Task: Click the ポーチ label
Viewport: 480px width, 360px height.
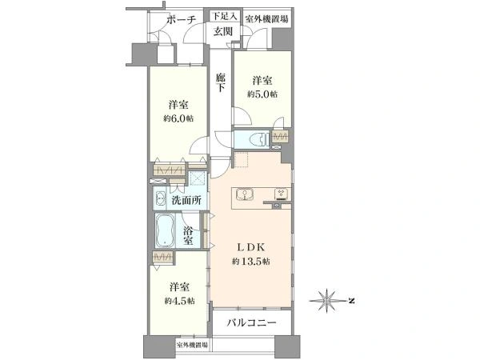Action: [182, 20]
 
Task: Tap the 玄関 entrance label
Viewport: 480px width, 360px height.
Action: [223, 31]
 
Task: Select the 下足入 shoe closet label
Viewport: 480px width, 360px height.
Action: [225, 16]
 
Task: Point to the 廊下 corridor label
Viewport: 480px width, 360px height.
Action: [221, 82]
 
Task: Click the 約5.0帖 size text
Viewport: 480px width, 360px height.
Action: [262, 94]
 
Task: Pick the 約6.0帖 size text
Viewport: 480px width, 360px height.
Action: [178, 118]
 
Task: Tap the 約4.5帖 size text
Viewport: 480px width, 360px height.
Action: [179, 301]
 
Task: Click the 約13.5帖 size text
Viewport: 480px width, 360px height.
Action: [251, 261]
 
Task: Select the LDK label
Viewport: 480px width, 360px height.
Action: [251, 247]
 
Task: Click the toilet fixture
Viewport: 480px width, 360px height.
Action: [258, 139]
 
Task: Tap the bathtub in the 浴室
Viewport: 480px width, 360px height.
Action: [165, 231]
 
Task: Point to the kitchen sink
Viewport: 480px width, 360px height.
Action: [245, 194]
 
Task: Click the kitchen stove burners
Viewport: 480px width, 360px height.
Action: [282, 194]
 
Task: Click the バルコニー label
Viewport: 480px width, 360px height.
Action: [252, 322]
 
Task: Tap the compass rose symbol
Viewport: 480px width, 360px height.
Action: [327, 301]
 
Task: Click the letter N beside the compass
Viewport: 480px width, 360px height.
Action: [351, 301]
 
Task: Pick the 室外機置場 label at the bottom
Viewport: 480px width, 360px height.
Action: [192, 345]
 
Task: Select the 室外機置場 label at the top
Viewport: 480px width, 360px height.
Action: [266, 19]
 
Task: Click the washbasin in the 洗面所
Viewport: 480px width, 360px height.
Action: [160, 198]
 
